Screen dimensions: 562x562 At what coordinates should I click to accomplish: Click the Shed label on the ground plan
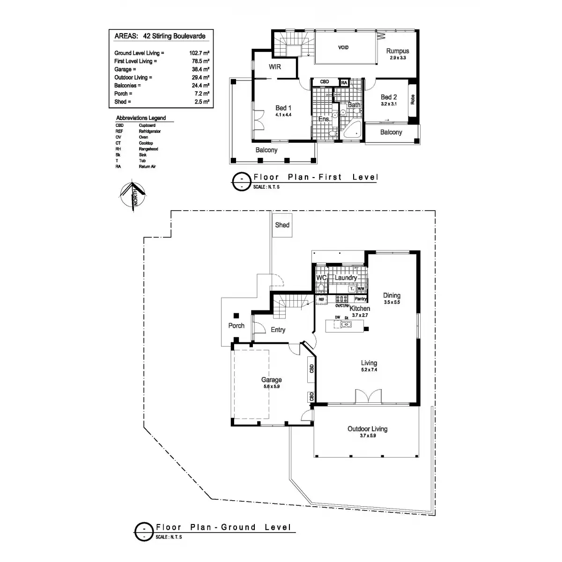tap(282, 225)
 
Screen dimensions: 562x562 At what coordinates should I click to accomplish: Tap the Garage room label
tap(272, 380)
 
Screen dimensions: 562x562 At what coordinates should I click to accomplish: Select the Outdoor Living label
tap(367, 429)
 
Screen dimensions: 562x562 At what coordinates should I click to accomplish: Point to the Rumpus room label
tap(398, 51)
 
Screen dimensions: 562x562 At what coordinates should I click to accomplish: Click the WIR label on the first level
tap(275, 67)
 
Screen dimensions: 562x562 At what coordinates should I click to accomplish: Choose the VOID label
tap(343, 48)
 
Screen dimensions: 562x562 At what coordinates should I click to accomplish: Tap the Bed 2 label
tap(389, 97)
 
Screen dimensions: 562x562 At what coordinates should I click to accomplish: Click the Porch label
tap(236, 325)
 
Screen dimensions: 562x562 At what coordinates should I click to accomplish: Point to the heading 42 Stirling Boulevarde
tap(175, 36)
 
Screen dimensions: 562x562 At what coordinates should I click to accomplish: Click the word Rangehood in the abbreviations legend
tap(148, 149)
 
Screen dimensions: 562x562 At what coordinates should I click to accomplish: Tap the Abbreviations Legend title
tap(141, 118)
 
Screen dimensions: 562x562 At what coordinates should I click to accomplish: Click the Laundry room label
tap(346, 278)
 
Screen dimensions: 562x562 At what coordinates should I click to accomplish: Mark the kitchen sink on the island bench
tap(347, 324)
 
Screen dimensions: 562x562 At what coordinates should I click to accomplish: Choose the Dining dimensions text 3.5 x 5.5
tap(392, 303)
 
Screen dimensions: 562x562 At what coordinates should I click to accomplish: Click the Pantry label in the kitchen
tap(360, 299)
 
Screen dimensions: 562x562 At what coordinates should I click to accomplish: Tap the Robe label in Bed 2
tap(412, 100)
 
